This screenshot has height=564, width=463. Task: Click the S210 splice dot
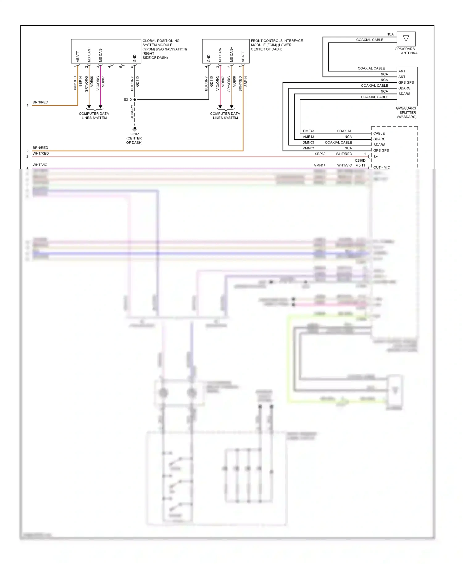135,100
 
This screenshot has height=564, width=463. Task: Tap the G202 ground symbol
135,128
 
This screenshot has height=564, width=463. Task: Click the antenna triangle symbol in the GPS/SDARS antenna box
406,39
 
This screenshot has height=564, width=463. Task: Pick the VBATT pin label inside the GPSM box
78,56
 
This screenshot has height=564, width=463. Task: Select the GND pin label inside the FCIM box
209,58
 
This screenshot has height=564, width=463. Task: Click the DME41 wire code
309,131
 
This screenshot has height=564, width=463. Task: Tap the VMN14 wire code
319,165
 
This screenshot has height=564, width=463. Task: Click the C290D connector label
360,160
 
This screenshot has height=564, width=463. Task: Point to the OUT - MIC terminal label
382,168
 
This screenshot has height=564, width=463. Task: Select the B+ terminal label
375,157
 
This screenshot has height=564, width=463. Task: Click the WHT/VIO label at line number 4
40,165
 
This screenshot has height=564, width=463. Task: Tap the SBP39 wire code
320,154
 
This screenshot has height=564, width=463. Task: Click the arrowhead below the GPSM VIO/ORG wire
100,107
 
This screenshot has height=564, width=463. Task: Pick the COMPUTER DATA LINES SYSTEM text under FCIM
225,116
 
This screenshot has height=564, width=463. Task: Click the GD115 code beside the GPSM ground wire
138,81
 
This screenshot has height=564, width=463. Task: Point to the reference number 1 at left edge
27,106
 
